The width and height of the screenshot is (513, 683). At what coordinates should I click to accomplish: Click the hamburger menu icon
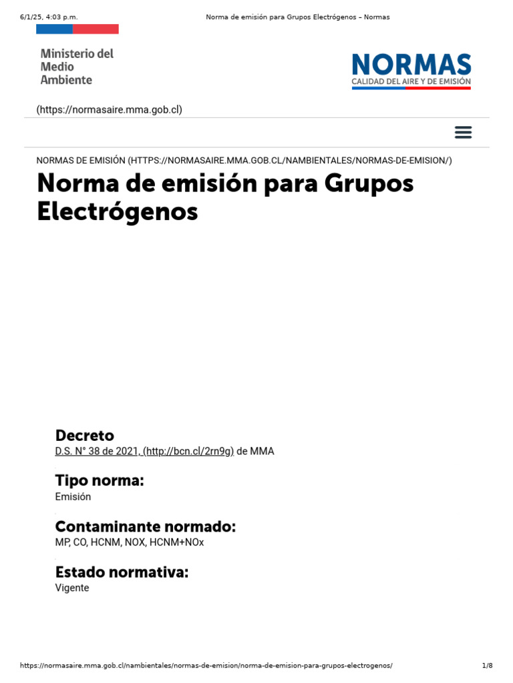[463, 132]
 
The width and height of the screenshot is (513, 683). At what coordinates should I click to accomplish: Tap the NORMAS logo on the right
[411, 71]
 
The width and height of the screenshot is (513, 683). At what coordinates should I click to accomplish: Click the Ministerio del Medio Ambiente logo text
[76, 66]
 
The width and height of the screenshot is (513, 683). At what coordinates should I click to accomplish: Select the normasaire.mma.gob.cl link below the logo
[109, 109]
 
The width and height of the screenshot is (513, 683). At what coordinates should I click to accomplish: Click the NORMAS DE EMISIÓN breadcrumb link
[244, 160]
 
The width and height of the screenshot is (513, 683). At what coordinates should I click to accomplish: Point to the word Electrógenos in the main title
[117, 211]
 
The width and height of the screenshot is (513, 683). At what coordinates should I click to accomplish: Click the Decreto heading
[84, 435]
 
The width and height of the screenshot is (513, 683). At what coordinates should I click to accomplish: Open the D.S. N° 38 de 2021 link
[144, 452]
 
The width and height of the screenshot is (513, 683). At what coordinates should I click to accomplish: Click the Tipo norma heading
[99, 480]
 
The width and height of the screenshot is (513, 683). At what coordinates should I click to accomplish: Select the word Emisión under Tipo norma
[73, 497]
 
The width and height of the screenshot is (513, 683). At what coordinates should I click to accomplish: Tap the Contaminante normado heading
[145, 526]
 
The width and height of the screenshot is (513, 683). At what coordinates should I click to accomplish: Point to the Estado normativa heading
[122, 572]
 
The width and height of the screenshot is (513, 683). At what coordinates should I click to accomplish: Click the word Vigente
[72, 588]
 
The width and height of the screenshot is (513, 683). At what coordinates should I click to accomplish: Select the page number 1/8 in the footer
[487, 666]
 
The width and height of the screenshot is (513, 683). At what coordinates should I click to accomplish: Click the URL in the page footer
[206, 666]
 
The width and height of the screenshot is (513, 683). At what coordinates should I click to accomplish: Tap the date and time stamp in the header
[45, 17]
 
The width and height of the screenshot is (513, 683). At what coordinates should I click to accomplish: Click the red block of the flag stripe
[96, 29]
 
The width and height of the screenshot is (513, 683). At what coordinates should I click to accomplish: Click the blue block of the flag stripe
[54, 29]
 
